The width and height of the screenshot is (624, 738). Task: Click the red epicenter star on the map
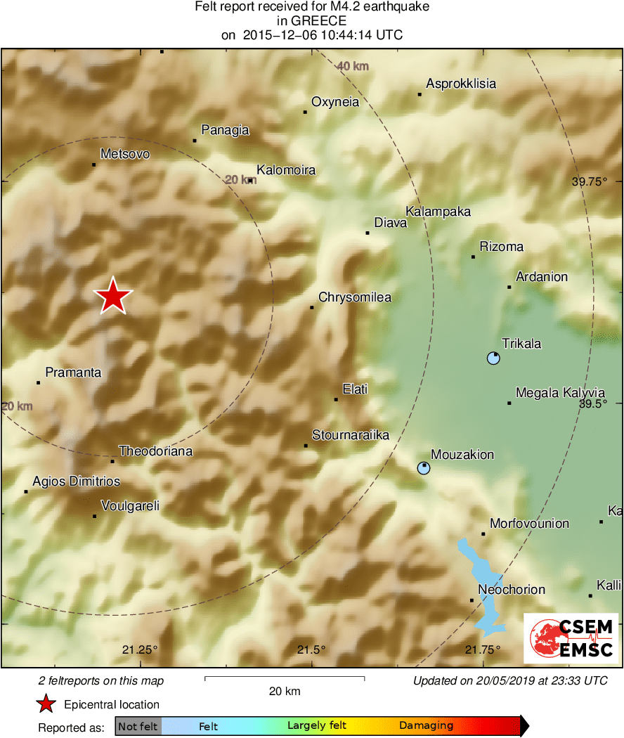pos(112,296)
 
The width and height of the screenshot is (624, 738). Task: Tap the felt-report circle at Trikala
pos(493,358)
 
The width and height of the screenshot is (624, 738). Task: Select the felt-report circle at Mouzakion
pos(423,468)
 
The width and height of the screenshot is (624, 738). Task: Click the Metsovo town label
pos(125,154)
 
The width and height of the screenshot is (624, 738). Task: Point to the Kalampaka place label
pos(438,212)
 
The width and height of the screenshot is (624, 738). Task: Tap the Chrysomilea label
pos(355,297)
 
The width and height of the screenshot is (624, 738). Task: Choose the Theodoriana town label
pos(155,451)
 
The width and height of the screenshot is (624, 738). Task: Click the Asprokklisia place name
pos(461,84)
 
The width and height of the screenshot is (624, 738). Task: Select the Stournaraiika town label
pos(351,436)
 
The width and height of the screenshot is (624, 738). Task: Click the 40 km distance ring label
pos(352,67)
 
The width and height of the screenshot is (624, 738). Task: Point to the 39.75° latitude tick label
pos(589,181)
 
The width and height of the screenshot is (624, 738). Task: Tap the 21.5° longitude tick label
pos(311,649)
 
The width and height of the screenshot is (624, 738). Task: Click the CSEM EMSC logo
pos(571,638)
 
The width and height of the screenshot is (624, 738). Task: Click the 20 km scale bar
pos(285,678)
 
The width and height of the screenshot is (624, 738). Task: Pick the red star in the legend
pos(46,704)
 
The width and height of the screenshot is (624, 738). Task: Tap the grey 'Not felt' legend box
pos(138,726)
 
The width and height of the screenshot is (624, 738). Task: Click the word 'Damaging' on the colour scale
pos(426,726)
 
